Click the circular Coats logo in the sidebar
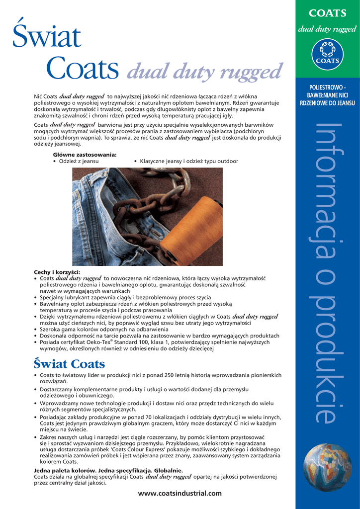coord(327,54)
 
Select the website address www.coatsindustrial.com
coord(180,493)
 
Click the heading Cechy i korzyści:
coord(57,272)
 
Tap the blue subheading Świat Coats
coord(69,364)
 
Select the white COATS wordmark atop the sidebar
coord(327,12)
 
